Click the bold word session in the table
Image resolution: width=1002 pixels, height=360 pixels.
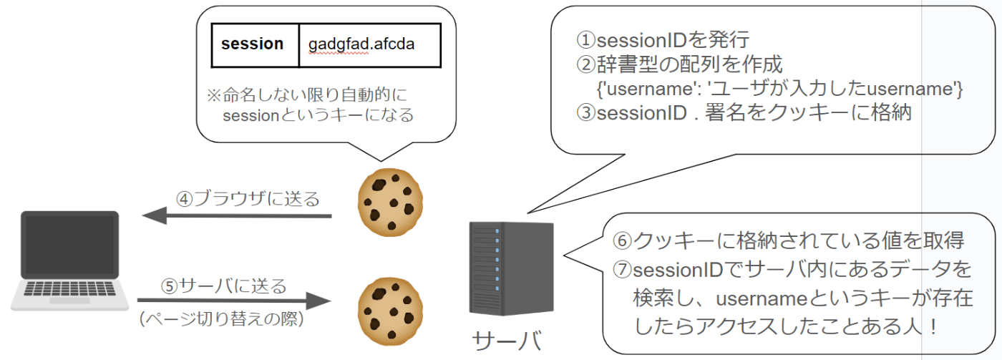(x=252, y=44)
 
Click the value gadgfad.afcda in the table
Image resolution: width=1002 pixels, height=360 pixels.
(x=361, y=44)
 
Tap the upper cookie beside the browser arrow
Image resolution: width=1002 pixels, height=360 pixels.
(x=390, y=202)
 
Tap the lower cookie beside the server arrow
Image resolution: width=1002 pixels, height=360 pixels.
(x=390, y=312)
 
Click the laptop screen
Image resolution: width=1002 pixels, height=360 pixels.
(x=70, y=245)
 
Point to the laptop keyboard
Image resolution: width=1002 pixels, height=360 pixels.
(x=70, y=288)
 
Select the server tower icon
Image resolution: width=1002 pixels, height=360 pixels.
(x=511, y=268)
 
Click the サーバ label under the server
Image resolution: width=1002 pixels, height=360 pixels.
(x=507, y=341)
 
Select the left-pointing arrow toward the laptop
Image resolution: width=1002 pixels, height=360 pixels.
(x=237, y=215)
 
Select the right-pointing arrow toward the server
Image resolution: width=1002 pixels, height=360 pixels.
(x=235, y=300)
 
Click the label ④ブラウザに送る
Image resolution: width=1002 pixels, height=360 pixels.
(x=248, y=198)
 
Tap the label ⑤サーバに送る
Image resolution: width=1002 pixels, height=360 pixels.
(x=223, y=286)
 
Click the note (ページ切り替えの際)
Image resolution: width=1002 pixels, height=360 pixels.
(x=222, y=319)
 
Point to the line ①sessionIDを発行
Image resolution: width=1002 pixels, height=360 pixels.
(x=663, y=40)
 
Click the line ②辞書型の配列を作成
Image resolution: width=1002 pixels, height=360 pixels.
(x=679, y=64)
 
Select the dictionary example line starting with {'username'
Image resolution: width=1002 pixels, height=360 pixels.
(x=779, y=89)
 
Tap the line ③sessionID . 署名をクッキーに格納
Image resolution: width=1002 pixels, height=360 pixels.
(x=744, y=112)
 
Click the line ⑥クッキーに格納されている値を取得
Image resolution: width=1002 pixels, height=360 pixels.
(x=788, y=240)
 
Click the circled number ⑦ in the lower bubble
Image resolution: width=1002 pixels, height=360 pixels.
(x=622, y=270)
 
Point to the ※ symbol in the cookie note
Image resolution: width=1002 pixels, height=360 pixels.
(x=214, y=94)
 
